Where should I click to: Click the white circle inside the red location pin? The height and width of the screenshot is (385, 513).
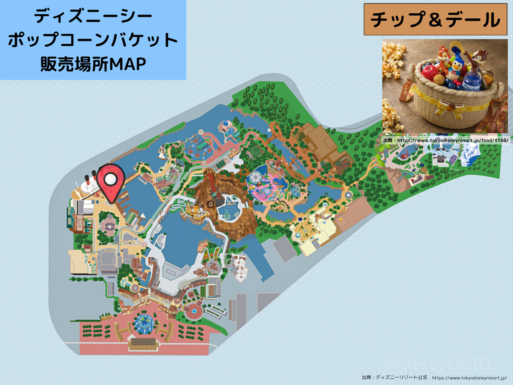point(111,179)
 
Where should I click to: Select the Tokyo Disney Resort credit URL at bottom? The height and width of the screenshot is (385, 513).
point(469,378)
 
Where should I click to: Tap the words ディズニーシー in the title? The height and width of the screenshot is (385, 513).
point(93,17)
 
